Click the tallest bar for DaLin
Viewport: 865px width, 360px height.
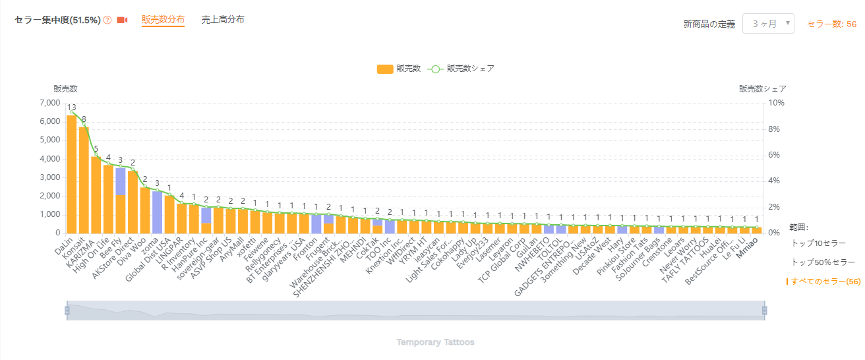pyautogui.click(x=71, y=175)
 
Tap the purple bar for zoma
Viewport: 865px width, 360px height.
pyautogui.click(x=157, y=212)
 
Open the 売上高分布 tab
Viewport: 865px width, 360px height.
pyautogui.click(x=223, y=20)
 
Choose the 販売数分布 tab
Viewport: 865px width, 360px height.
pyautogui.click(x=163, y=20)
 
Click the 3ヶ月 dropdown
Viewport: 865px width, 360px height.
pyautogui.click(x=768, y=24)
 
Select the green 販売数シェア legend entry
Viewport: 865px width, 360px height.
pyautogui.click(x=462, y=69)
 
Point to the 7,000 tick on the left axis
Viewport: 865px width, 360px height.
pyautogui.click(x=50, y=103)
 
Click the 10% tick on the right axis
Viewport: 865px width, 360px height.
pyautogui.click(x=776, y=103)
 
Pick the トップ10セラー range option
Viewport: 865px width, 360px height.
pyautogui.click(x=818, y=243)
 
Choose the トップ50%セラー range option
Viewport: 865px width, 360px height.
pyautogui.click(x=823, y=262)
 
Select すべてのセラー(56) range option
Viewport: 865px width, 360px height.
pyautogui.click(x=825, y=282)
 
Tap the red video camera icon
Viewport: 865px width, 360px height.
pyautogui.click(x=122, y=20)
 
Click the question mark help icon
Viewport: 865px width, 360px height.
pyautogui.click(x=107, y=20)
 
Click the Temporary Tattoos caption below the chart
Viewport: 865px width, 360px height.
pyautogui.click(x=435, y=342)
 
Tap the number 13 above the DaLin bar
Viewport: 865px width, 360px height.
pyautogui.click(x=71, y=107)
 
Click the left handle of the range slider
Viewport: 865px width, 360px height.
pyautogui.click(x=67, y=311)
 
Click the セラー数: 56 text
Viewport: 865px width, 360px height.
pyautogui.click(x=832, y=24)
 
